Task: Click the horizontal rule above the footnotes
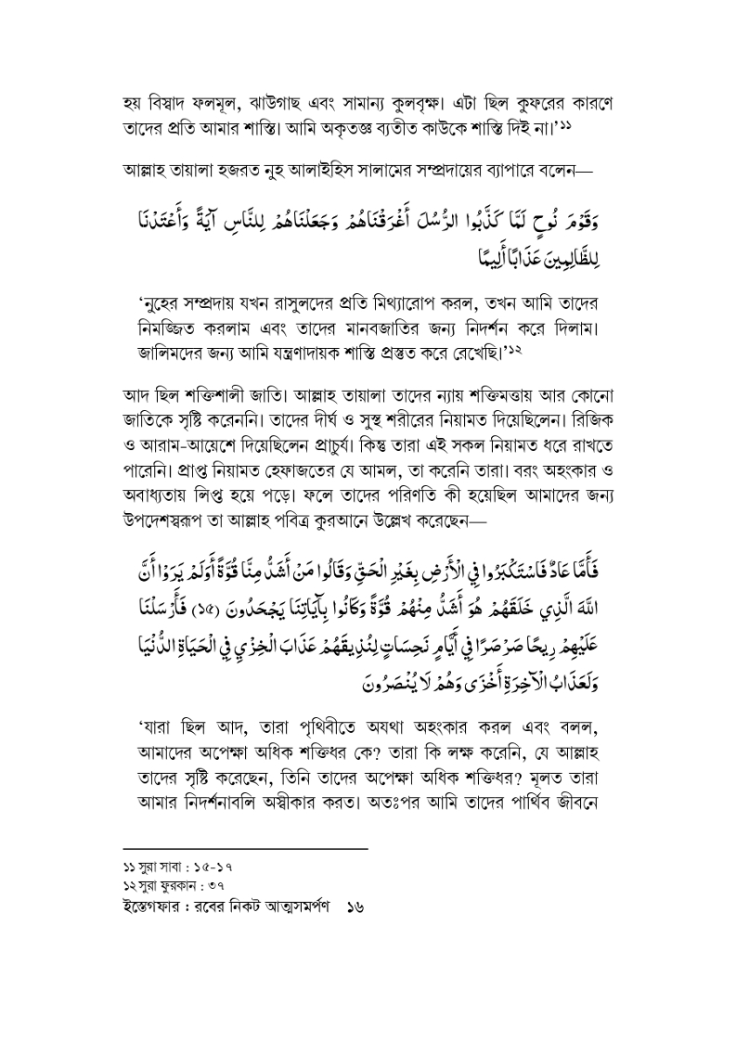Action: tap(245, 849)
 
